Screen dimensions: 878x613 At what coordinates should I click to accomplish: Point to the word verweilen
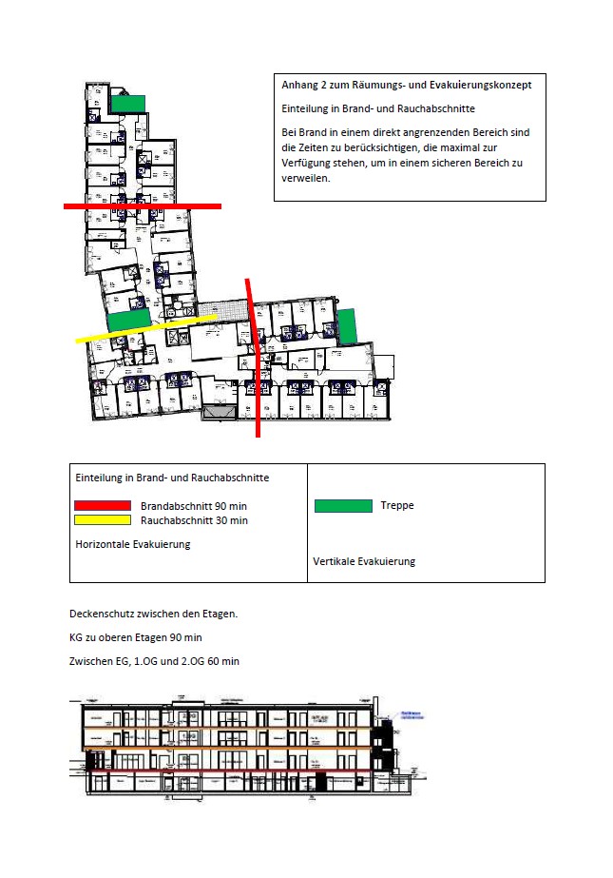click(305, 178)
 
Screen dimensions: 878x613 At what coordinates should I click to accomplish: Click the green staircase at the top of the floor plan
click(127, 103)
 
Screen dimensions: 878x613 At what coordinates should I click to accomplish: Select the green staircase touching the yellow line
click(125, 321)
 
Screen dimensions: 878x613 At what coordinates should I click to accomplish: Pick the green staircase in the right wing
click(346, 326)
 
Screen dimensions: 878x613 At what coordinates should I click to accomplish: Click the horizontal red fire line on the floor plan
click(143, 205)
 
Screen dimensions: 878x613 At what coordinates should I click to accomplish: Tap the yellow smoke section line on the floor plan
click(147, 327)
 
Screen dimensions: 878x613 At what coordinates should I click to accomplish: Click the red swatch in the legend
click(103, 505)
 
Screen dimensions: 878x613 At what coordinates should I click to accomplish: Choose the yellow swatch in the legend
click(103, 519)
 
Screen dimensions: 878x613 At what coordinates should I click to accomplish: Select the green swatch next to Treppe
click(343, 506)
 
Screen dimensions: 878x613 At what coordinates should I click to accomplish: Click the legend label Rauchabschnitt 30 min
click(194, 520)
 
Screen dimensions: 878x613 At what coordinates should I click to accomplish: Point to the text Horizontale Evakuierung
click(133, 544)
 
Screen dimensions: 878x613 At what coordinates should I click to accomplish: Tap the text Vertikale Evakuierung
click(364, 561)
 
